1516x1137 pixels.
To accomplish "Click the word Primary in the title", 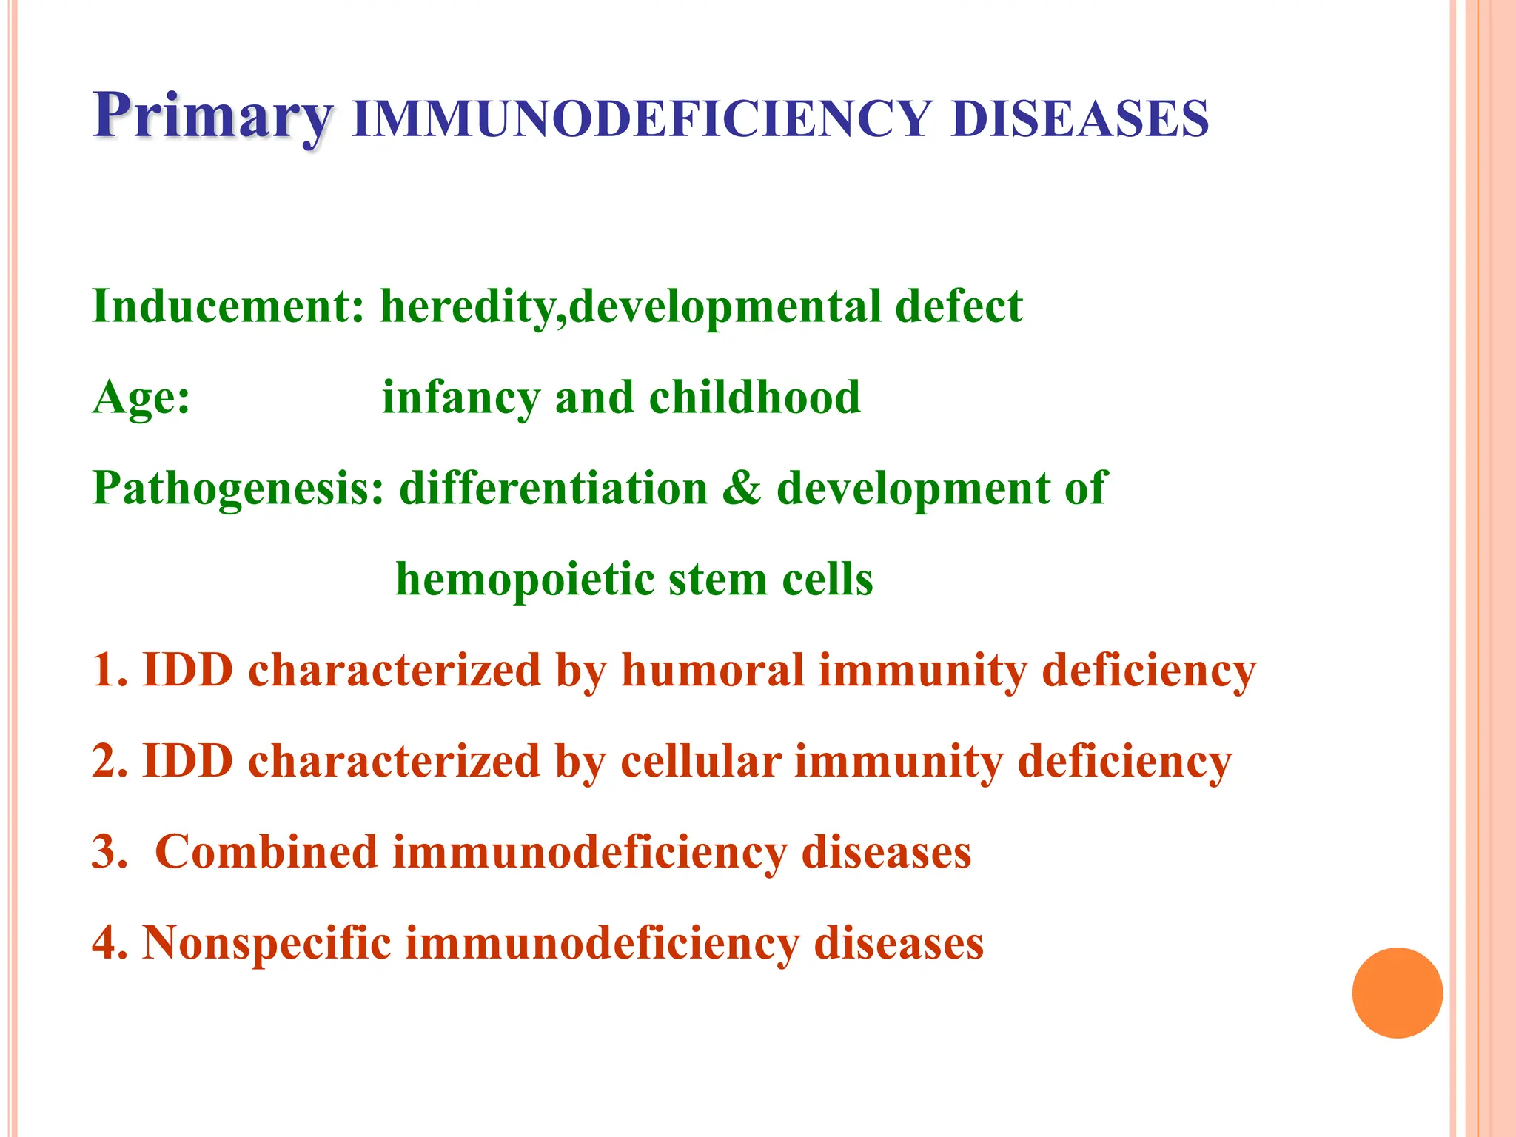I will (212, 117).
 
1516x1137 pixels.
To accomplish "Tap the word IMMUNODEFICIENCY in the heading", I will (641, 119).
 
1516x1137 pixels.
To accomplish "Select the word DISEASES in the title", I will (1079, 119).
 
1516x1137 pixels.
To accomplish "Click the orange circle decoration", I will (1397, 993).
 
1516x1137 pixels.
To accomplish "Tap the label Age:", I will (141, 398).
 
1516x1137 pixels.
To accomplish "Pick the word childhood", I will (754, 398).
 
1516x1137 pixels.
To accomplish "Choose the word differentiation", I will (554, 489).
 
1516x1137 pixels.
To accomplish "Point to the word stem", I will (717, 580).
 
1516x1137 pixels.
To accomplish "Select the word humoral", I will (712, 671).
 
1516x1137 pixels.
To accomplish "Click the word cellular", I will (700, 762).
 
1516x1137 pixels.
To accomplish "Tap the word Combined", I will (266, 852).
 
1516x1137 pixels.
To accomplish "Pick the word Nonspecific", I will (266, 944).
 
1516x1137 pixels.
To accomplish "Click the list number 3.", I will (108, 852).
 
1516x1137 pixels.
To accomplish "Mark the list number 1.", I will (108, 671).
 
